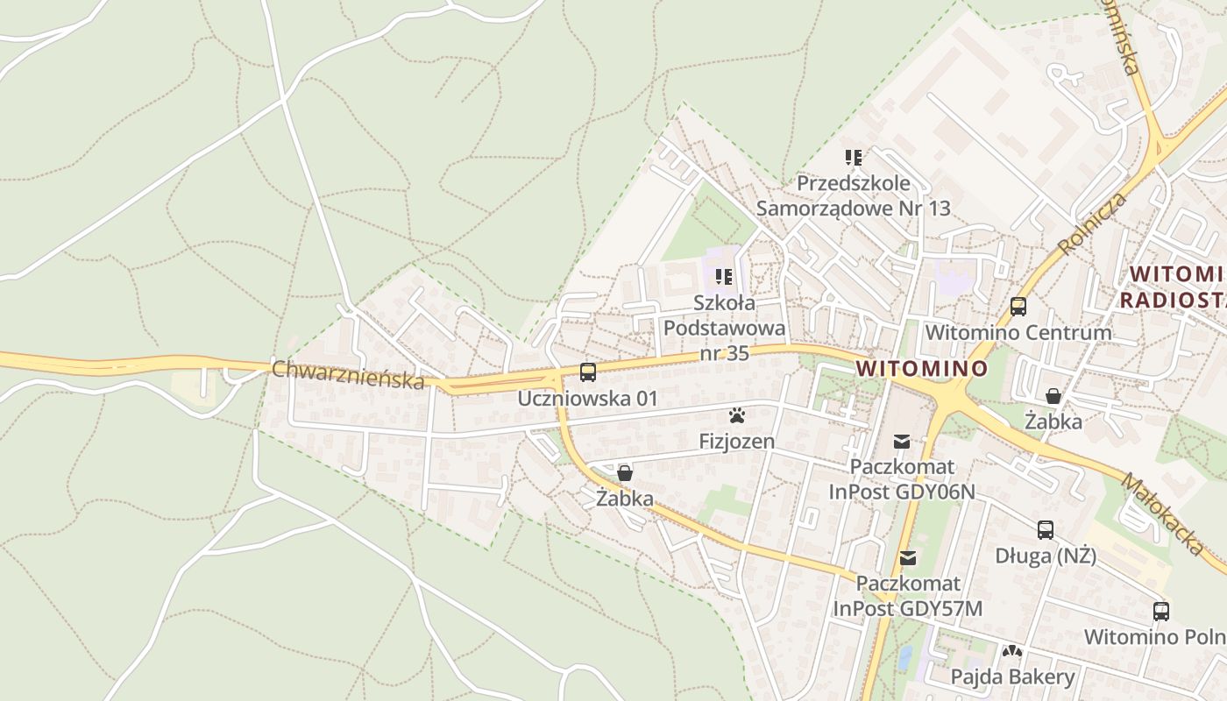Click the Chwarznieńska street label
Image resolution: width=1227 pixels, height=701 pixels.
348,374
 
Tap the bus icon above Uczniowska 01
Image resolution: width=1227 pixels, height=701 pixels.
587,372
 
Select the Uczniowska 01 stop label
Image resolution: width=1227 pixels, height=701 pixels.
587,399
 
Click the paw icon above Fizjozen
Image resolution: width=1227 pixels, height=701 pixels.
736,415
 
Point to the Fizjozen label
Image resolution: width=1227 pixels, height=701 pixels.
736,441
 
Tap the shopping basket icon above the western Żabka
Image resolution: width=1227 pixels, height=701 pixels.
625,474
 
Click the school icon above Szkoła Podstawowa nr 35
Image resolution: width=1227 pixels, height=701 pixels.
724,278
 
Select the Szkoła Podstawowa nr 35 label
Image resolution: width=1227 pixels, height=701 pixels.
724,328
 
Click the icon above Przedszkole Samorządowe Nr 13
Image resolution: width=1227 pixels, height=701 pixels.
854,159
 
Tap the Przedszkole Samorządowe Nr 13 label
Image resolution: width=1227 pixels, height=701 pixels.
854,196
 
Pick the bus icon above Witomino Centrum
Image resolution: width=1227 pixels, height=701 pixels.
1018,307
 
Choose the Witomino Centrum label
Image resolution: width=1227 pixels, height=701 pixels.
1018,333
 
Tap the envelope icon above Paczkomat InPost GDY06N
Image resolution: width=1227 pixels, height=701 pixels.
902,442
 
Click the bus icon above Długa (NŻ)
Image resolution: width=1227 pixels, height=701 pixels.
1046,530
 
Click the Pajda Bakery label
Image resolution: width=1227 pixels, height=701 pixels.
1012,676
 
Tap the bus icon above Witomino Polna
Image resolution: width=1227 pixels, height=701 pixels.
1161,612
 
